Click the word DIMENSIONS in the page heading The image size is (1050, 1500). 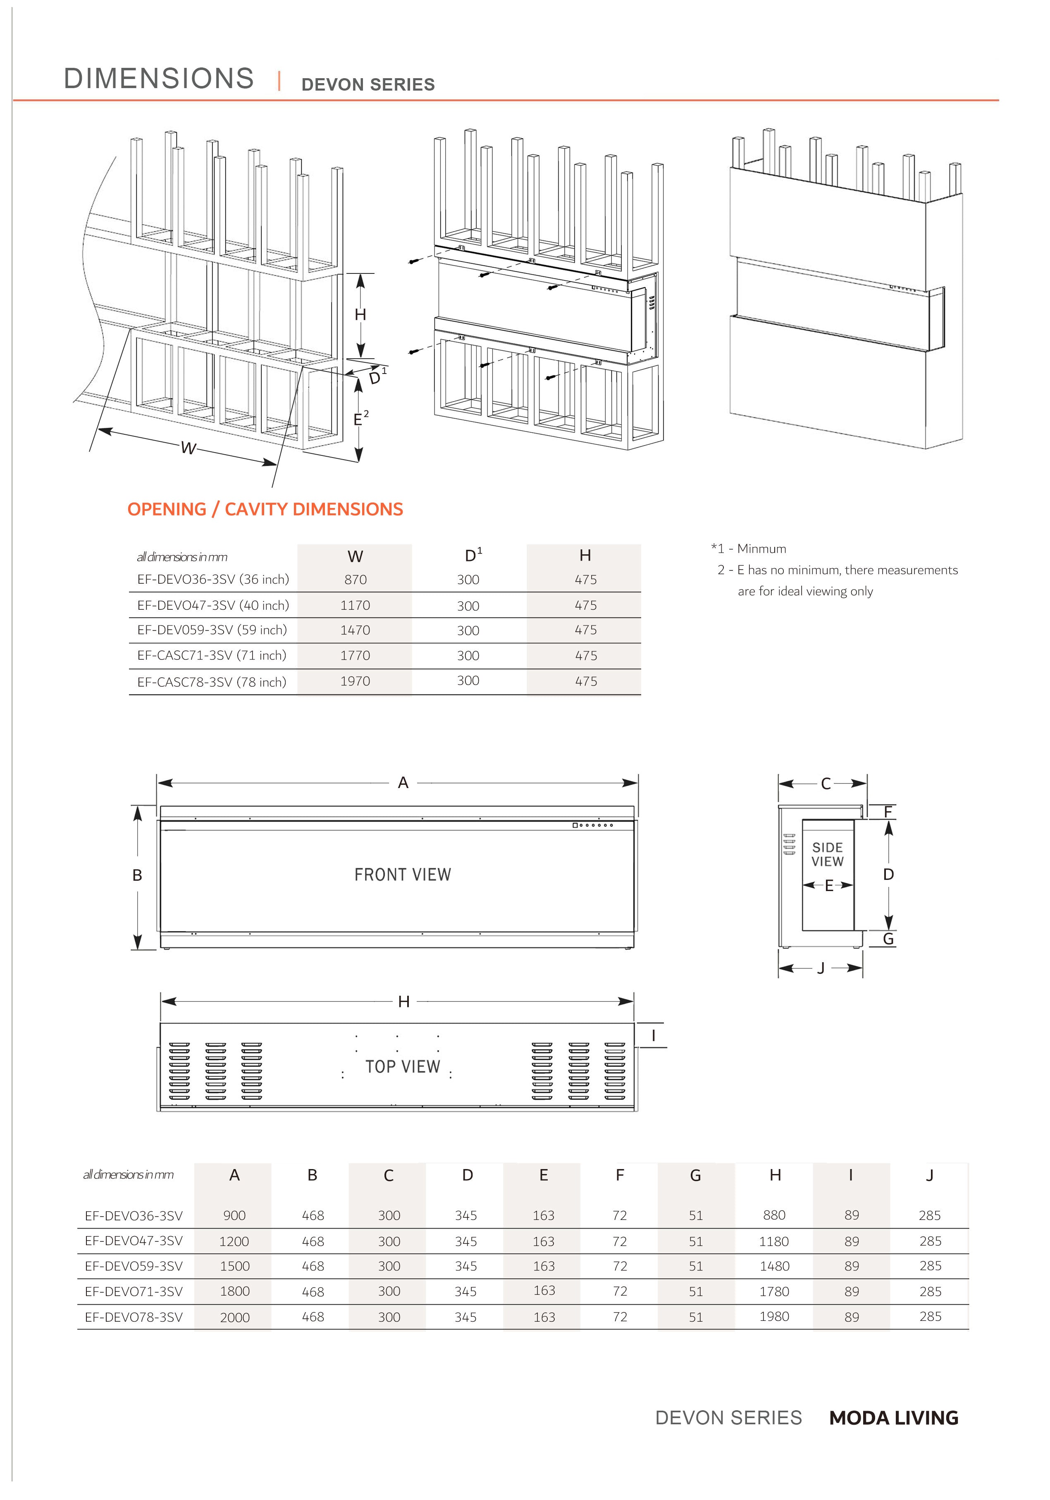pos(159,79)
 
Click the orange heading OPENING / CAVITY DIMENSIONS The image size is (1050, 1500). pos(265,510)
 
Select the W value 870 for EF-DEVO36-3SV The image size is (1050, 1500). pos(355,580)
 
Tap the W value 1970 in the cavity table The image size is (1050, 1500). pos(355,681)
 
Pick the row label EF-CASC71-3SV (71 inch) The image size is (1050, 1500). pos(212,655)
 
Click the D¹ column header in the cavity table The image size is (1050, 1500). pos(473,555)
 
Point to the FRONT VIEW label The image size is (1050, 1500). pos(403,875)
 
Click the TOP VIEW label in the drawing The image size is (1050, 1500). pos(403,1067)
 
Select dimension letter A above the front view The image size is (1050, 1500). pos(403,783)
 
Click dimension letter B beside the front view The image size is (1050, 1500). pos(137,875)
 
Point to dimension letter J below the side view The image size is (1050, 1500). pos(821,968)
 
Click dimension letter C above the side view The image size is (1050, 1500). pos(826,784)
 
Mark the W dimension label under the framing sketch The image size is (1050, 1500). pos(188,448)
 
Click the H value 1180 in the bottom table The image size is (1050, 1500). pos(774,1241)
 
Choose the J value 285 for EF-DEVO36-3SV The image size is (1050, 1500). pos(930,1215)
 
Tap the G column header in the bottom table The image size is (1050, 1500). pos(695,1175)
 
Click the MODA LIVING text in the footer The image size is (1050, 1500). pos(894,1419)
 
